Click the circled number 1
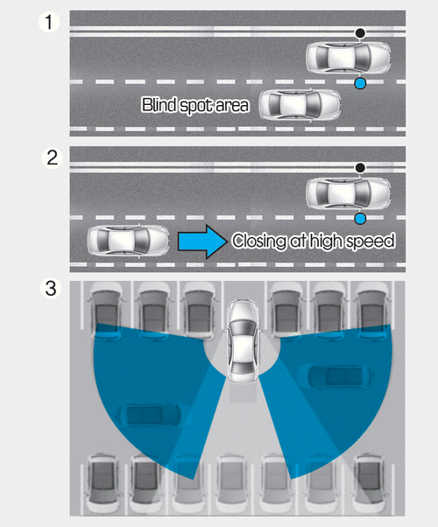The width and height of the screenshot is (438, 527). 49,22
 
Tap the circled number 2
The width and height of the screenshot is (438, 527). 53,158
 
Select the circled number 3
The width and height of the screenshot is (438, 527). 51,288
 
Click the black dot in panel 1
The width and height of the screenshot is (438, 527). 360,33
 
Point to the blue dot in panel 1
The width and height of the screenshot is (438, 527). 360,84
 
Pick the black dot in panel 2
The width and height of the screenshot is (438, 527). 360,168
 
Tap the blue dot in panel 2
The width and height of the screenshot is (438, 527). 360,219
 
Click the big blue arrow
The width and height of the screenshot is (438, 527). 202,242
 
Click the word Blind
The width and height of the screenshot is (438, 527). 159,104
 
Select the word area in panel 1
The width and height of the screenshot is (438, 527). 232,106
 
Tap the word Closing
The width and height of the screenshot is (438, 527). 258,242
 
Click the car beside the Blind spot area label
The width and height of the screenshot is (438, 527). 300,105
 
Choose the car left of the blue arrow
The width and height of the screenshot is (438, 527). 128,241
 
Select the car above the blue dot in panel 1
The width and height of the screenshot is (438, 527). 348,58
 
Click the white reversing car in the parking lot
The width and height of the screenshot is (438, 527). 243,341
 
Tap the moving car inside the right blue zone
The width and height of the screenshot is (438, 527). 340,376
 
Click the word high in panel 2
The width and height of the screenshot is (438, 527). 328,242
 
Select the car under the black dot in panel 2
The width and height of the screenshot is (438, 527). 348,193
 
